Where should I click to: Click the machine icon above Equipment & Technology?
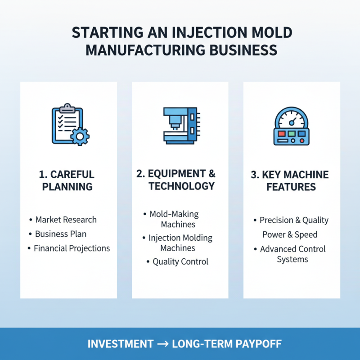[x=180, y=125]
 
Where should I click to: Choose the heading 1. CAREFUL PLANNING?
[x=67, y=180]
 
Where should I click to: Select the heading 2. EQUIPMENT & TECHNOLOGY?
[x=180, y=180]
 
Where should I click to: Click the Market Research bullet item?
[x=66, y=220]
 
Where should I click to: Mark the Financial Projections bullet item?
[x=72, y=248]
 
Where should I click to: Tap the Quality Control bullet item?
[x=180, y=261]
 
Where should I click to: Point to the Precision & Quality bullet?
[x=294, y=220]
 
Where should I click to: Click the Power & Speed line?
[x=290, y=234]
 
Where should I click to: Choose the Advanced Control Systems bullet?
[x=292, y=254]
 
